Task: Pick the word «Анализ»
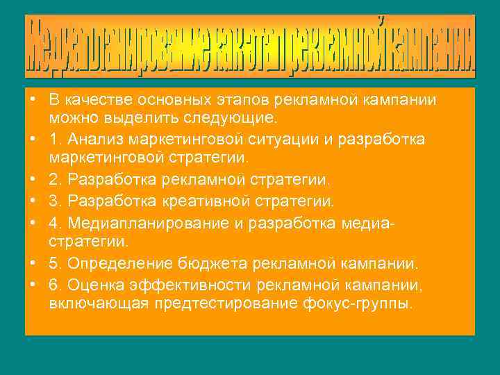(90, 140)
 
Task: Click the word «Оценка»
(88, 285)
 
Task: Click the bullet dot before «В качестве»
(33, 101)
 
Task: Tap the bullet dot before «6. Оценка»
(33, 285)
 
